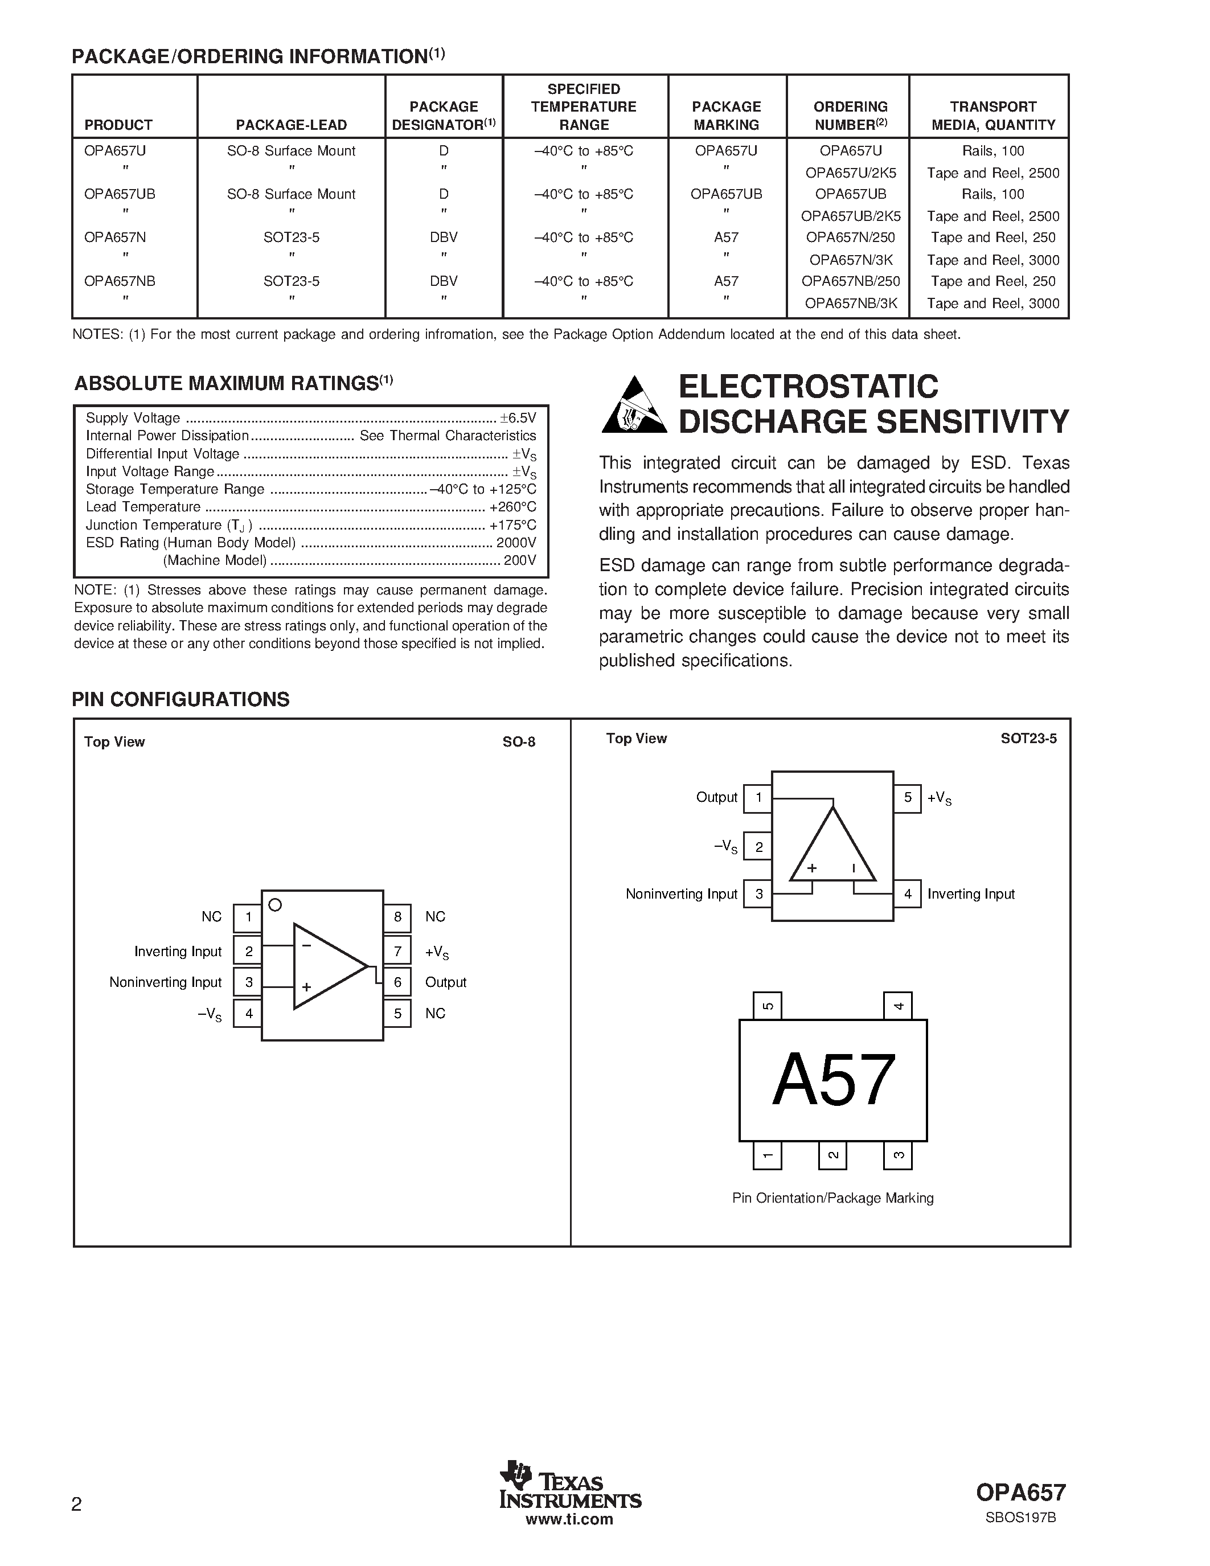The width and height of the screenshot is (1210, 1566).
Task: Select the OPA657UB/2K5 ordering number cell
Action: [x=850, y=216]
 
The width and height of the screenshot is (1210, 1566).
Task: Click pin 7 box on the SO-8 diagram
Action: [x=397, y=952]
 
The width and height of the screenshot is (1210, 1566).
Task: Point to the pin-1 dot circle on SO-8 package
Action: [x=274, y=905]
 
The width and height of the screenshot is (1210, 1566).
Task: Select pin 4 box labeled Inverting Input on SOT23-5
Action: [x=908, y=894]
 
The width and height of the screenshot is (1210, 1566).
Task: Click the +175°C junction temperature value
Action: [x=512, y=525]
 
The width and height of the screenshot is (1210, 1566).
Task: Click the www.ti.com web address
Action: [x=569, y=1519]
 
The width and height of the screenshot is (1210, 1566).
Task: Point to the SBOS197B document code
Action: [x=1020, y=1517]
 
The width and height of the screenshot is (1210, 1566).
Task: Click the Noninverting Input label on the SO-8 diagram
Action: [x=166, y=982]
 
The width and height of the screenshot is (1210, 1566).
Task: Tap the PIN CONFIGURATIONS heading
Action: [x=181, y=699]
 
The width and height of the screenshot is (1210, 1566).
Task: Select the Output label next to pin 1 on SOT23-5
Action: [x=716, y=797]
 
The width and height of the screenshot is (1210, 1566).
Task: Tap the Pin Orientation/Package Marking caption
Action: [x=832, y=1198]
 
